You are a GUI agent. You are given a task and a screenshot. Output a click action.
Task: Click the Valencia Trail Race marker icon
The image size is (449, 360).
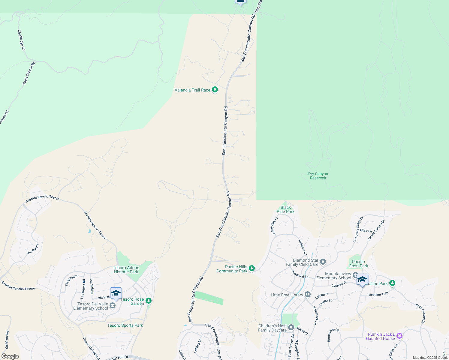point(215,90)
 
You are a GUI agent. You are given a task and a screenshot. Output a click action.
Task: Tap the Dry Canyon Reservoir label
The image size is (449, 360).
point(318,176)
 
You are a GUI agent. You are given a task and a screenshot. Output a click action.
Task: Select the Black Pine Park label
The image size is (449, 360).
point(285,209)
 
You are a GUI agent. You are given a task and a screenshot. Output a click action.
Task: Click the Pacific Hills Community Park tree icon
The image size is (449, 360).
point(252,268)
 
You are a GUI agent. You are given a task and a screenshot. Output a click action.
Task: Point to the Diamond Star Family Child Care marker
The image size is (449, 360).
point(323,262)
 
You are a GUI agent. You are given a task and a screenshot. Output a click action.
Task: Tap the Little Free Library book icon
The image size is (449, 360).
point(307,295)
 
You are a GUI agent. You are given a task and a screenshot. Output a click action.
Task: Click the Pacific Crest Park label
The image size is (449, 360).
point(358,264)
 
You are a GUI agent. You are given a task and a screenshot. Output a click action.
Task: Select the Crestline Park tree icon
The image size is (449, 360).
point(392,283)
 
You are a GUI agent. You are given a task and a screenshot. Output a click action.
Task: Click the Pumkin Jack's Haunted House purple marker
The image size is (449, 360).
point(399,336)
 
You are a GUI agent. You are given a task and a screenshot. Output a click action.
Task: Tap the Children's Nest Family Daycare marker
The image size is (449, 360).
point(291,327)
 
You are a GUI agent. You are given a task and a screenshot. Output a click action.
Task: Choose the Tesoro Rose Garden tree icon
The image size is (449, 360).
point(148,300)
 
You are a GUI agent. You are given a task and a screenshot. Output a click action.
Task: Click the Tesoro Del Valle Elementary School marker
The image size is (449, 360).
point(112,306)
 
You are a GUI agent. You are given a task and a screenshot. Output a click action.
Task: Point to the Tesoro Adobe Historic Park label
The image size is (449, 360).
point(126,270)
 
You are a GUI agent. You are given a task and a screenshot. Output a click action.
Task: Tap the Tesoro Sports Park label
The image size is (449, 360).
point(125,325)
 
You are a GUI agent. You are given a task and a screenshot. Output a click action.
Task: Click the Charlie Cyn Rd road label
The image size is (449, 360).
point(21,40)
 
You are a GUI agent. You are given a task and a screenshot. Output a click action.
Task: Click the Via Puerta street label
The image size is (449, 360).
point(33,249)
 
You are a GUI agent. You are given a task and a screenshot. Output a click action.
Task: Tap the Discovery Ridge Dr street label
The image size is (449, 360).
point(358,229)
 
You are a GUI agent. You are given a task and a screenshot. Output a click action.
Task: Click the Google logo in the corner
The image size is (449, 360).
point(10,356)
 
